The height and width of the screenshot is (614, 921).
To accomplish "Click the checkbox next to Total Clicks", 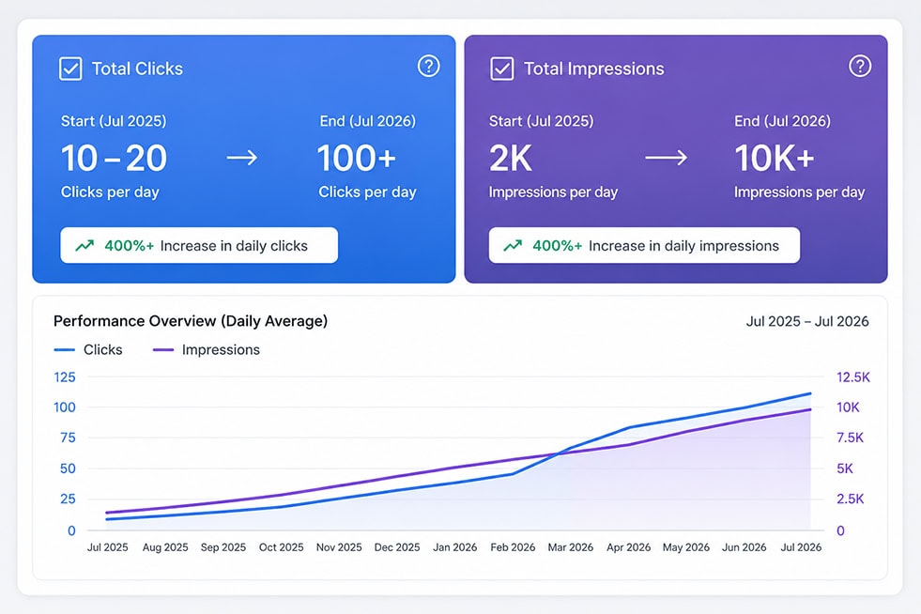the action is pos(70,69).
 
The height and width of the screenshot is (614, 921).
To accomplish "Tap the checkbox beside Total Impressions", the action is pos(502,69).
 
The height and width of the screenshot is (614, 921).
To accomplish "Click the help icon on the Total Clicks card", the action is pos(429,66).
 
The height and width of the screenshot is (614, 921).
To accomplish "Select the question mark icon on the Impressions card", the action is pos(860,66).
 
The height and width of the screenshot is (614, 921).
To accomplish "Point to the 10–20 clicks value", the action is pos(114,158).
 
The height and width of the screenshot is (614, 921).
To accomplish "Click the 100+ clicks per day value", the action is pos(357,158).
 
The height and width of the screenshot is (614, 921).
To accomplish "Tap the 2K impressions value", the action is pos(511,158).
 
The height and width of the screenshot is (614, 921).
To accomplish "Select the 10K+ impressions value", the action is pos(775,158).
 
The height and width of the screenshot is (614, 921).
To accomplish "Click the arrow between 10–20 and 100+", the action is pos(242,158).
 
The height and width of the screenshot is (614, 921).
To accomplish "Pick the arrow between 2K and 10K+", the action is pos(666,158).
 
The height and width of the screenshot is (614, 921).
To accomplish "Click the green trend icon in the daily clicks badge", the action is pos(84,246).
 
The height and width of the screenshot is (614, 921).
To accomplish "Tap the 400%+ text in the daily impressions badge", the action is pos(557,246).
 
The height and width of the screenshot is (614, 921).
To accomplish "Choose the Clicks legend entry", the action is pos(88,349).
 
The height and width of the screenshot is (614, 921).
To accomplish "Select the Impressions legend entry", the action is pos(207,349).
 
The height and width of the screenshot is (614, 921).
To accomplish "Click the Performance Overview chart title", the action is pos(191,321).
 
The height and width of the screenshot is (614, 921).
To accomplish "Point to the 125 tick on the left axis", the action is pos(65,376).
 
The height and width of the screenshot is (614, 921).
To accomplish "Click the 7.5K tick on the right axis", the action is pos(850,437).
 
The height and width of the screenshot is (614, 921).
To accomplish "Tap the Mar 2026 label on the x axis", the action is pos(570,547).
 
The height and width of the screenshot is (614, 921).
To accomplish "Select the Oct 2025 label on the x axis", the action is pos(282,547).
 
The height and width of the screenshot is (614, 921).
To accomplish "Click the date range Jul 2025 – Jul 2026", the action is pos(807,321).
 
